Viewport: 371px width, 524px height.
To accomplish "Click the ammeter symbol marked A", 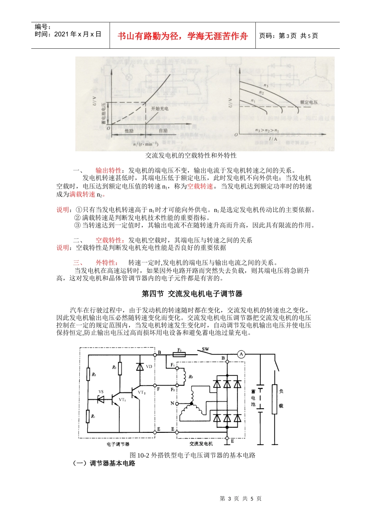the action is pos(241,354).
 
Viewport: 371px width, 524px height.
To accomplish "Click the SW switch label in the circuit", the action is pos(205,349).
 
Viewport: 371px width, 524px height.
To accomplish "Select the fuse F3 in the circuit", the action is pos(179,355).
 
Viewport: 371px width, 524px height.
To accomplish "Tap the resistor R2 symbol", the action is pos(88,375).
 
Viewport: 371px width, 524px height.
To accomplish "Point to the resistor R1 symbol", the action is pos(88,416).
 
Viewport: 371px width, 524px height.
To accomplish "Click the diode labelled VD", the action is pos(140,367).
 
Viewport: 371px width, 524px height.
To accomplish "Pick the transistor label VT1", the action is pos(122,400).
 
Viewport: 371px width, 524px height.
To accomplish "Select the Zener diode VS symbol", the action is pos(100,399).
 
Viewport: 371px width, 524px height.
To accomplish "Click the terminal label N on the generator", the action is pos(172,404).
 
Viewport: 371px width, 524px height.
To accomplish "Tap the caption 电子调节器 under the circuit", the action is pos(118,444).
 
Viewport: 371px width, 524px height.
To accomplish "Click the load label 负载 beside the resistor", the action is pos(281,398).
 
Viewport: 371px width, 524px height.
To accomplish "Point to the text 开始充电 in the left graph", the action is pos(160,109).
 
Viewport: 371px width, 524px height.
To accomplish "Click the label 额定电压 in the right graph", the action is pos(309,102).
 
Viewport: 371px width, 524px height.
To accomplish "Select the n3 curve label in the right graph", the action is pos(266,85).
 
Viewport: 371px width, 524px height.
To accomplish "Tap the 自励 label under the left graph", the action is pos(163,131).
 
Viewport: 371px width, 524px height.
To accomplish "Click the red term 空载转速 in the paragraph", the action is pos(200,186).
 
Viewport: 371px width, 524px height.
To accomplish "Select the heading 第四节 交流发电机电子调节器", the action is pos(192,294).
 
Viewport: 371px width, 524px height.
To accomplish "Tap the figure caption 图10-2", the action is pos(193,455).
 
